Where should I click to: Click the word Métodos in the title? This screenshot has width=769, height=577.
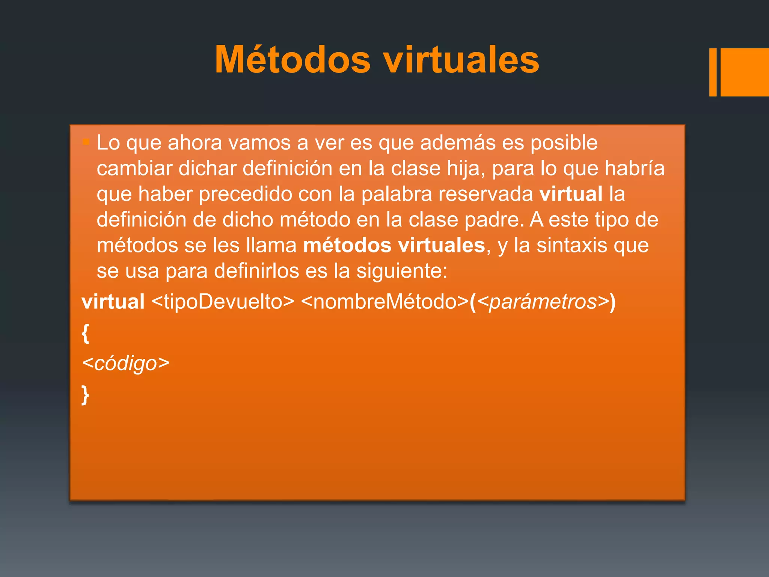click(x=293, y=60)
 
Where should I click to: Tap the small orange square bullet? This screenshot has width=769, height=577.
click(x=86, y=142)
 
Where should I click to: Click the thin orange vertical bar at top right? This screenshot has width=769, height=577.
click(x=712, y=72)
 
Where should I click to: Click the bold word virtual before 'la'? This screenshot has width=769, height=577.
click(x=571, y=194)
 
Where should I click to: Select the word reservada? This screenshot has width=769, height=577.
click(x=486, y=194)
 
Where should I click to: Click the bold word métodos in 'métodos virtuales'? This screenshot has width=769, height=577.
click(x=347, y=246)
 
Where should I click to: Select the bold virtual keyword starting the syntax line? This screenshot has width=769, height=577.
click(x=113, y=302)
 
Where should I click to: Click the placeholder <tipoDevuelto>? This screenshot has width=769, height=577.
click(x=223, y=302)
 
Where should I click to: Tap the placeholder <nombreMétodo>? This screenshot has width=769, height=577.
click(x=384, y=302)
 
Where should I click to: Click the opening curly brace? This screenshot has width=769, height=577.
click(x=86, y=333)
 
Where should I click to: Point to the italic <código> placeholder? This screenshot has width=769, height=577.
click(x=126, y=363)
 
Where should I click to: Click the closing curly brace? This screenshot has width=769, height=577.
click(x=86, y=395)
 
